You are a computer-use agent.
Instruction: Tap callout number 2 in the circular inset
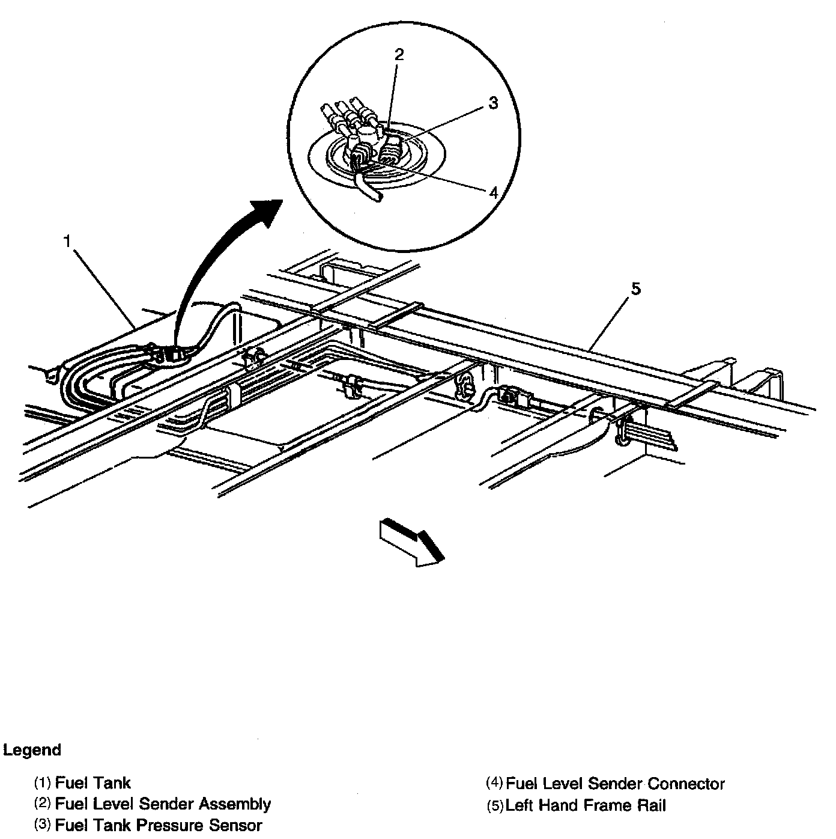point(399,55)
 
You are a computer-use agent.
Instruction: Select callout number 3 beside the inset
point(493,103)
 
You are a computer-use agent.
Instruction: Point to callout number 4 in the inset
point(493,192)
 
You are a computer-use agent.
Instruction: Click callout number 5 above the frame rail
point(635,289)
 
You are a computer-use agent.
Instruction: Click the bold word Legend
point(32,750)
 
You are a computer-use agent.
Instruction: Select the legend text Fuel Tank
point(92,783)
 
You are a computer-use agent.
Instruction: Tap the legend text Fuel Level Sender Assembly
point(163,804)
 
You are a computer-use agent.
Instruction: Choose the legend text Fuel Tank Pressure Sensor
point(159,825)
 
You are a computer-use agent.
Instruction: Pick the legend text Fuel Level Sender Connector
point(616,784)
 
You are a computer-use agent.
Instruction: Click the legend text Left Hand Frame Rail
point(586,805)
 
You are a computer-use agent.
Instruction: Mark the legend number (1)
point(43,783)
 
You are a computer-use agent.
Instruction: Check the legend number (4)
point(494,784)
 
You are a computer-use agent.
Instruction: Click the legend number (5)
point(495,805)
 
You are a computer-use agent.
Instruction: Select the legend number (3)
point(43,825)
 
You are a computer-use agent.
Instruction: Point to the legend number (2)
point(43,804)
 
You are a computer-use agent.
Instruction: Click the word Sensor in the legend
point(235,825)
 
